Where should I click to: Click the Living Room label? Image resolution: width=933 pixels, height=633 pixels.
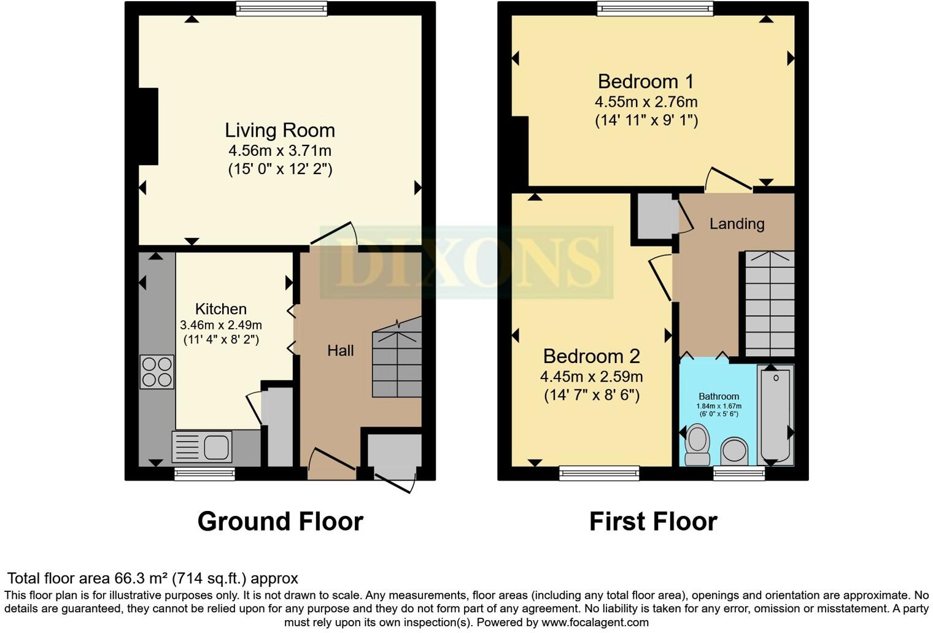[280, 130]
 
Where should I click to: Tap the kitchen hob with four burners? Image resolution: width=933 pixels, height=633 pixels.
[157, 372]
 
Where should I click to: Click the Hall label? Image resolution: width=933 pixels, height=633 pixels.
[340, 350]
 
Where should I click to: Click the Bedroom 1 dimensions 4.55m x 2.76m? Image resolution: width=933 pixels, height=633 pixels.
[646, 102]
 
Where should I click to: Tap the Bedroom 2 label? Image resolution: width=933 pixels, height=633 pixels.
[591, 356]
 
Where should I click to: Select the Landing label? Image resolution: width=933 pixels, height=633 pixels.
[737, 224]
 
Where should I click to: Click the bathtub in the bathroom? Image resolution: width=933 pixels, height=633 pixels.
[775, 414]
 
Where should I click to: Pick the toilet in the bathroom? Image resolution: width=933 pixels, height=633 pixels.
[697, 445]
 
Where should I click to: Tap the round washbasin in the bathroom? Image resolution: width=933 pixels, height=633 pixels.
[734, 451]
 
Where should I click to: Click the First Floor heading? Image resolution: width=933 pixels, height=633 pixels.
[653, 521]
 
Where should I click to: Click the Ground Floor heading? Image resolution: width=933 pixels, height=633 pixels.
[280, 521]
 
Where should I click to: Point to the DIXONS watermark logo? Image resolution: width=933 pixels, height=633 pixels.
[466, 263]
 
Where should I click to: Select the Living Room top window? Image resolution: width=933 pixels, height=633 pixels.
[281, 8]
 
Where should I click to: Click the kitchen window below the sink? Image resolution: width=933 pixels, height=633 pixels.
[204, 474]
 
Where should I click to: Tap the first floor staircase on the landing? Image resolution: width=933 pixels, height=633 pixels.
[770, 303]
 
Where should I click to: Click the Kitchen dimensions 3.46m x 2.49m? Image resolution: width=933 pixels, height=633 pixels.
[220, 325]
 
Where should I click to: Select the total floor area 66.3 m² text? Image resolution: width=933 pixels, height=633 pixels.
[152, 578]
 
